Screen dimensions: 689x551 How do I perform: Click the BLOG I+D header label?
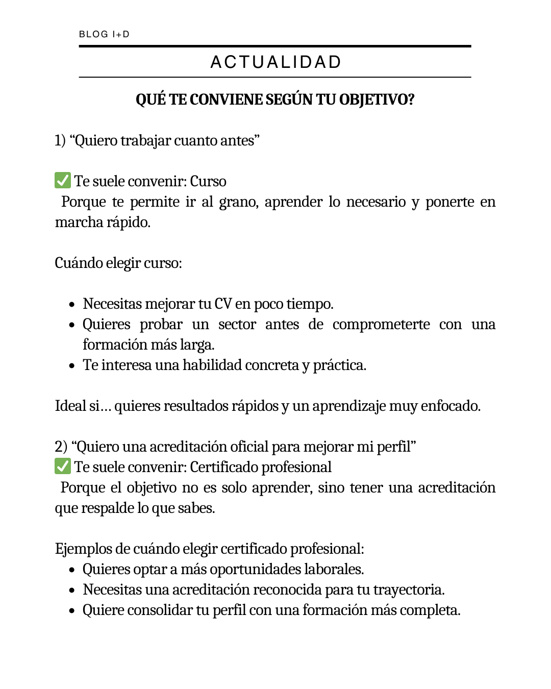(x=104, y=34)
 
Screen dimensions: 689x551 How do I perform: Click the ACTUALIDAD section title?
(x=275, y=62)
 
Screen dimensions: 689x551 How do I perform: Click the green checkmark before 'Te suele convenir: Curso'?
(x=63, y=181)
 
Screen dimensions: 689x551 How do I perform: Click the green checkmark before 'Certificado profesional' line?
(x=63, y=466)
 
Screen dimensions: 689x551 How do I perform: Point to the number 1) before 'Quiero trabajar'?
(x=60, y=140)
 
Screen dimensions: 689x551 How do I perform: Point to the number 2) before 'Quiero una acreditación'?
(x=61, y=447)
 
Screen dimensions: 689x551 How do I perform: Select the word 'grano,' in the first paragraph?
(x=239, y=202)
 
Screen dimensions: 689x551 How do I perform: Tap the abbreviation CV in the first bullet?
(x=223, y=304)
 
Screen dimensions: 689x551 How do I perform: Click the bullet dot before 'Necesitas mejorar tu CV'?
(x=72, y=305)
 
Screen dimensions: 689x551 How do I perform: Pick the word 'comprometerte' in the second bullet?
(x=381, y=325)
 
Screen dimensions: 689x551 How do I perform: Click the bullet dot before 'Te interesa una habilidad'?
(x=72, y=366)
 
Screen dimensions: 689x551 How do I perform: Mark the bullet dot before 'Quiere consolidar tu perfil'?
(x=72, y=611)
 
